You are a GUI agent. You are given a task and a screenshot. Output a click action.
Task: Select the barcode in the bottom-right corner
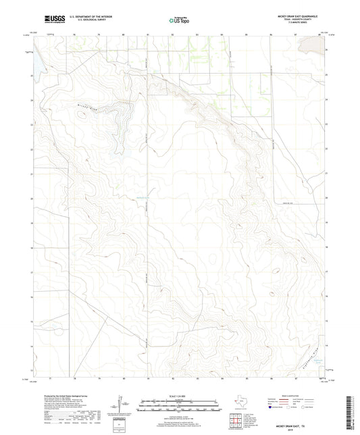pyautogui.click(x=353, y=413)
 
